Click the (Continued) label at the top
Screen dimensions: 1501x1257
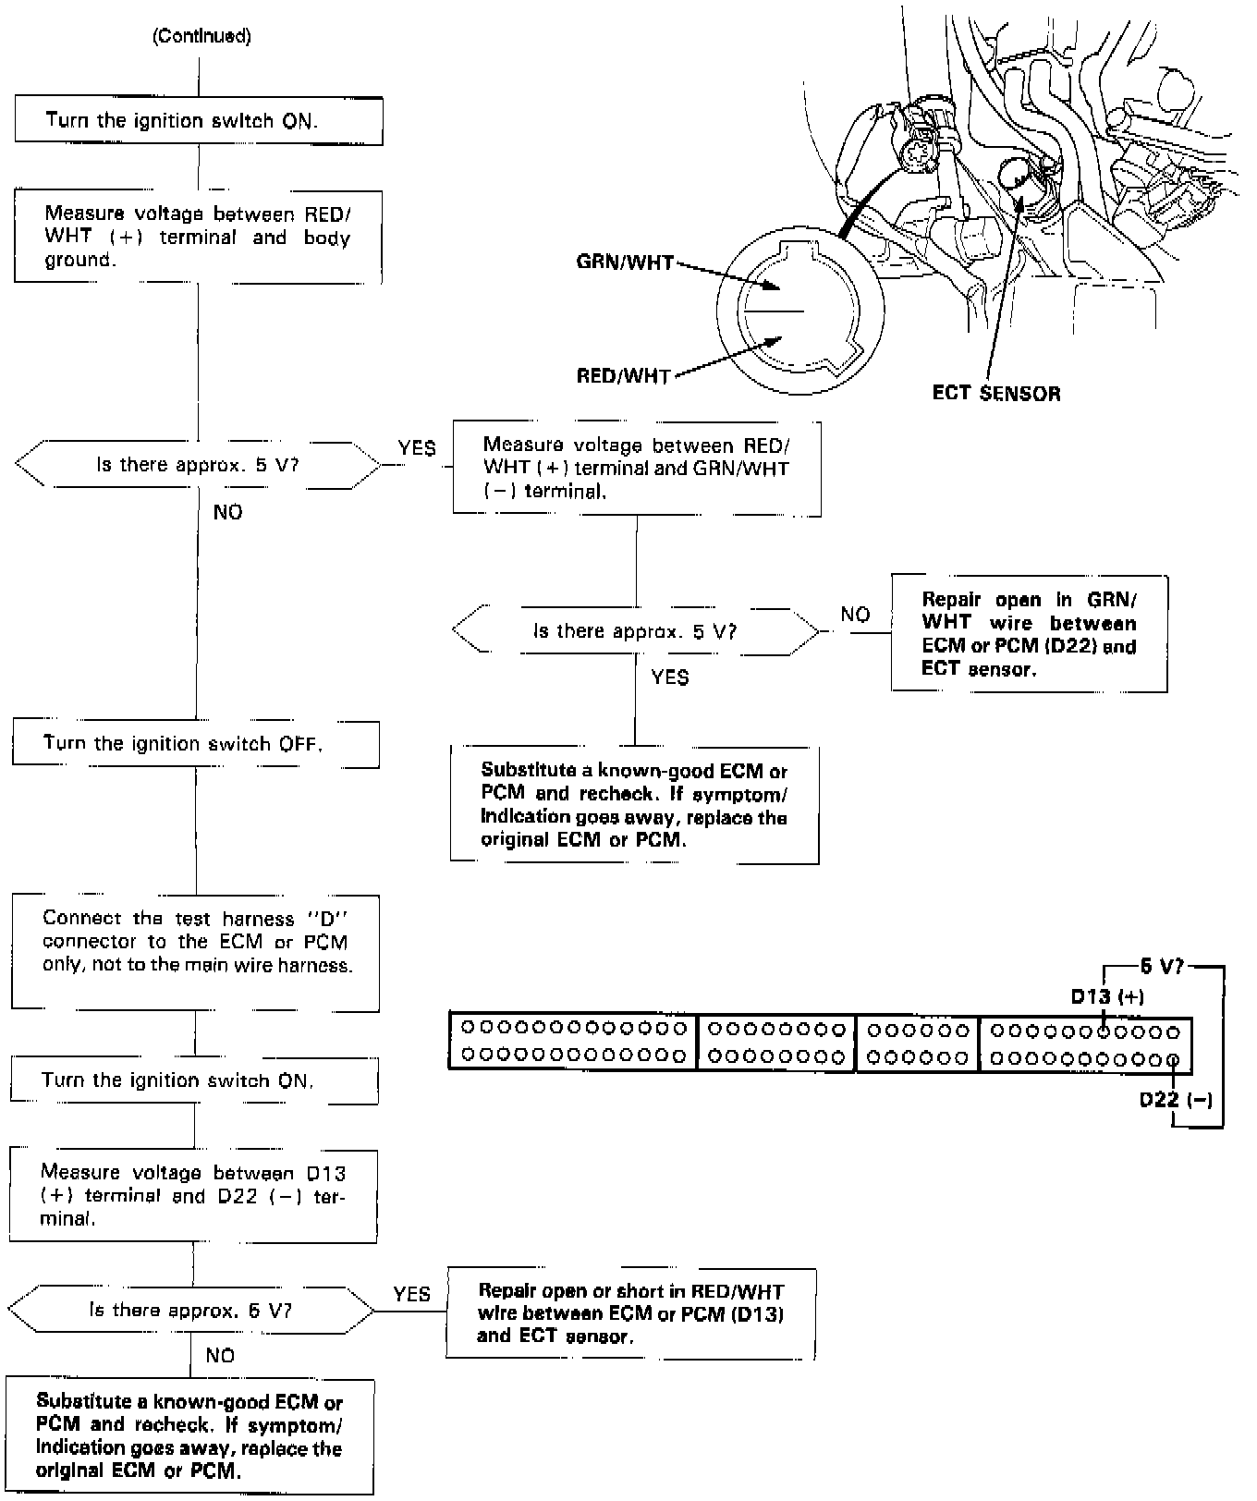click(201, 36)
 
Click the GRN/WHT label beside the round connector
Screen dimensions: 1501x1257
click(624, 262)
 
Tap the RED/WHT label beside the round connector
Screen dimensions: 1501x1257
click(623, 376)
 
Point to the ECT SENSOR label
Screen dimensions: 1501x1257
click(996, 393)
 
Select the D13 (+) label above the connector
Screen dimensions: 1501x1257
click(1107, 996)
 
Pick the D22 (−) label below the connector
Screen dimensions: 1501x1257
click(1175, 1100)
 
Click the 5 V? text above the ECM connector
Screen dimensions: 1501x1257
click(1162, 967)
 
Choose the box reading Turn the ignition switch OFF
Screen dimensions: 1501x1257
click(195, 744)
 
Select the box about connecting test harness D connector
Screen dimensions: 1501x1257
click(195, 952)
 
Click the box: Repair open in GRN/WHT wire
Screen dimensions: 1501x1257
click(1029, 634)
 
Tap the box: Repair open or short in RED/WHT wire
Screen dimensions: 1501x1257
click(630, 1313)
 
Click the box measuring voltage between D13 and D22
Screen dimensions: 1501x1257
click(193, 1195)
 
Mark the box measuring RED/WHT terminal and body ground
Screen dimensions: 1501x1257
click(198, 237)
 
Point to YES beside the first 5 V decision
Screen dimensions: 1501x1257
click(417, 447)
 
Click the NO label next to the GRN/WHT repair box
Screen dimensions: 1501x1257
click(855, 615)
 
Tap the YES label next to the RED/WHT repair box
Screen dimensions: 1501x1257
click(411, 1294)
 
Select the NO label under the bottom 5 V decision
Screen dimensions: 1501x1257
click(220, 1355)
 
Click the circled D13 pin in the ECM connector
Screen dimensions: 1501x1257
click(1104, 1031)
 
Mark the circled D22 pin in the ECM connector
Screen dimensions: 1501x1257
click(1173, 1059)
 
